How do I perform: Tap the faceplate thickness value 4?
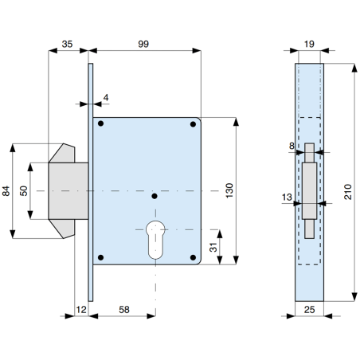pyautogui.click(x=106, y=99)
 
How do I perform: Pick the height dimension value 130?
pyautogui.click(x=229, y=190)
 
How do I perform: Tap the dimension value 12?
pyautogui.click(x=80, y=307)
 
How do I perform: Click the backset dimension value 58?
pyautogui.click(x=124, y=307)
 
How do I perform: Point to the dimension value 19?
pyautogui.click(x=309, y=45)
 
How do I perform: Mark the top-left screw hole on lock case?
pyautogui.click(x=101, y=124)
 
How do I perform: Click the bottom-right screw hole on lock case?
pyautogui.click(x=194, y=256)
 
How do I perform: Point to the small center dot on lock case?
pyautogui.click(x=154, y=195)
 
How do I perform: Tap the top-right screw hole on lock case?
pyautogui.click(x=194, y=124)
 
